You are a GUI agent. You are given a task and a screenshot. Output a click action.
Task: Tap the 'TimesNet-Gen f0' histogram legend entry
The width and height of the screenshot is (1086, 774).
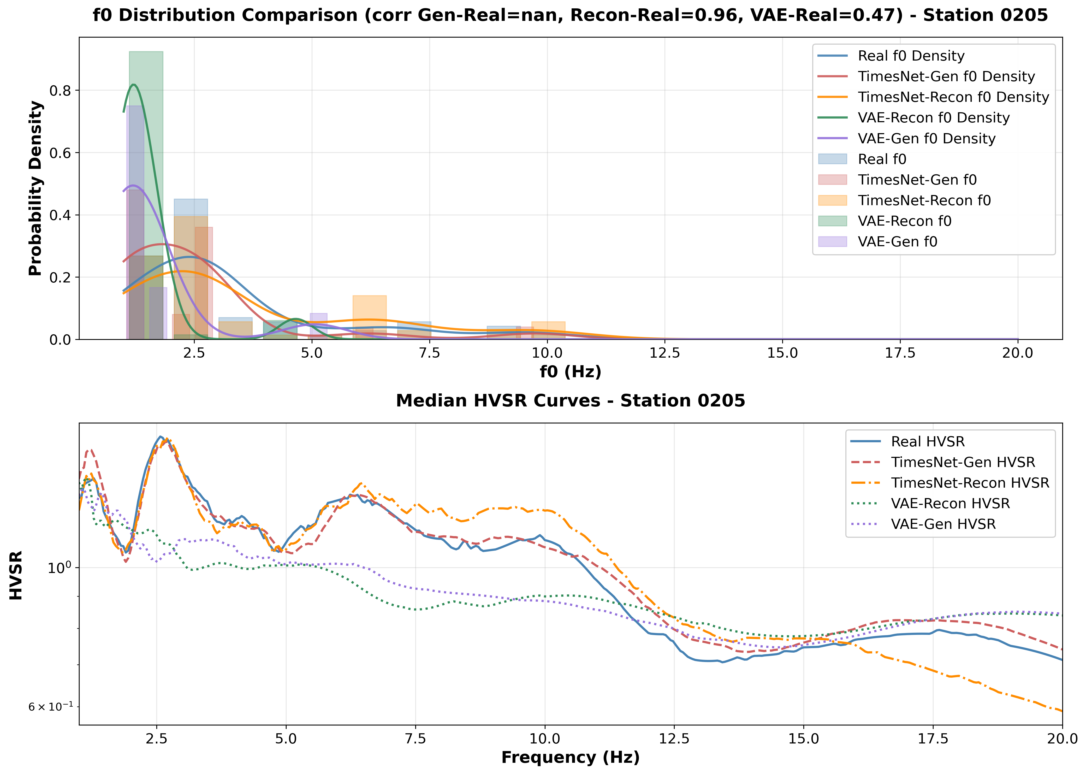click(x=917, y=180)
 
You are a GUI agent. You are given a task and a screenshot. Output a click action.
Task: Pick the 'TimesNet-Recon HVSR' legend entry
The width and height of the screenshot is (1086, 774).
click(x=970, y=483)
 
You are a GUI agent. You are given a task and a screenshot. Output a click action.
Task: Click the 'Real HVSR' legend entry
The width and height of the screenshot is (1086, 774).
click(x=927, y=441)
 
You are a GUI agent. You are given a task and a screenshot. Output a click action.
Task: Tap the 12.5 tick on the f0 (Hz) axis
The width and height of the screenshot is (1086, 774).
click(x=665, y=353)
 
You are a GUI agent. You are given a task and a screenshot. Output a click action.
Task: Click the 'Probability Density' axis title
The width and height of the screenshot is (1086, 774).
click(x=35, y=188)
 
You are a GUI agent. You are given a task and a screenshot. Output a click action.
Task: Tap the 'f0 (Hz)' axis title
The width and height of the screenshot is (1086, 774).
click(x=570, y=372)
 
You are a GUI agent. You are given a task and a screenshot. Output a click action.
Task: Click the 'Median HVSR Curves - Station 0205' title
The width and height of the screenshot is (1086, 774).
click(x=570, y=401)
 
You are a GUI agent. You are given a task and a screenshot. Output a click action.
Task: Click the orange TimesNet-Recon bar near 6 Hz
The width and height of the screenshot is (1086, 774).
click(x=369, y=315)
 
